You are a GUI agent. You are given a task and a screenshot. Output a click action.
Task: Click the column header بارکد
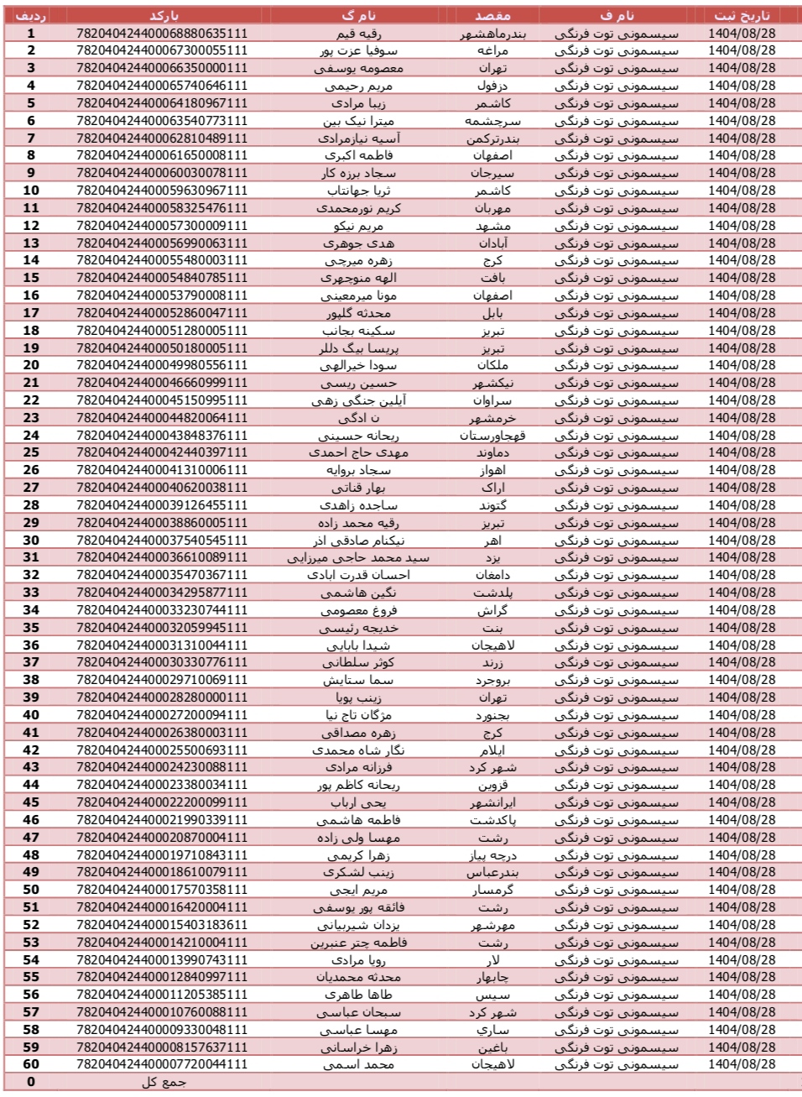163,15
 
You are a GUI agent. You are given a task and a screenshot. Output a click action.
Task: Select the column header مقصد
492,15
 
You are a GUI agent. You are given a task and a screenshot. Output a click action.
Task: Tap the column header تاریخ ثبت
742,15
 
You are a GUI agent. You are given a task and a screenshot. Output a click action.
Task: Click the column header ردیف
31,15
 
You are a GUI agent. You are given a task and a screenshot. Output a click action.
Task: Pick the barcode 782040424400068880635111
162,34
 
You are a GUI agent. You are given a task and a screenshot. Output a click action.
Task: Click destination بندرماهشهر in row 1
492,34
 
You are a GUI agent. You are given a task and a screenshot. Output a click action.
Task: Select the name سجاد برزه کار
358,173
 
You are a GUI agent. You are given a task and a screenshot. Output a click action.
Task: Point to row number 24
31,435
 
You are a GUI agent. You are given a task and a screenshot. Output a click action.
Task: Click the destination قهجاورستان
492,435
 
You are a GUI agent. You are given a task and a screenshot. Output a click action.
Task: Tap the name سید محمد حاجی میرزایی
358,557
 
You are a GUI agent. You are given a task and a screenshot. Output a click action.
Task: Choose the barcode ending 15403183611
162,924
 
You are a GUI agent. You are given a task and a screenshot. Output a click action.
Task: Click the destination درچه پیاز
492,854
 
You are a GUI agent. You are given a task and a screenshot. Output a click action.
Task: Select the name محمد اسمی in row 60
358,1064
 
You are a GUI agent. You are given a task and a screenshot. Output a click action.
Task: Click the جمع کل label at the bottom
163,1082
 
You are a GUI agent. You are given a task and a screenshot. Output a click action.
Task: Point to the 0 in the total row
31,1082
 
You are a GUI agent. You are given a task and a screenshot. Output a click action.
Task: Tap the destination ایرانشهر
492,802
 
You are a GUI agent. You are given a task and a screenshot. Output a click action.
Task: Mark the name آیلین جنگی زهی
358,400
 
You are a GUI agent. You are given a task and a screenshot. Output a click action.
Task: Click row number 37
31,662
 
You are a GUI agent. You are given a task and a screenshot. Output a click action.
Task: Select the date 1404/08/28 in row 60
742,1064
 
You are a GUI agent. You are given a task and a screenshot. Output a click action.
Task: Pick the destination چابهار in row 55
492,977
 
